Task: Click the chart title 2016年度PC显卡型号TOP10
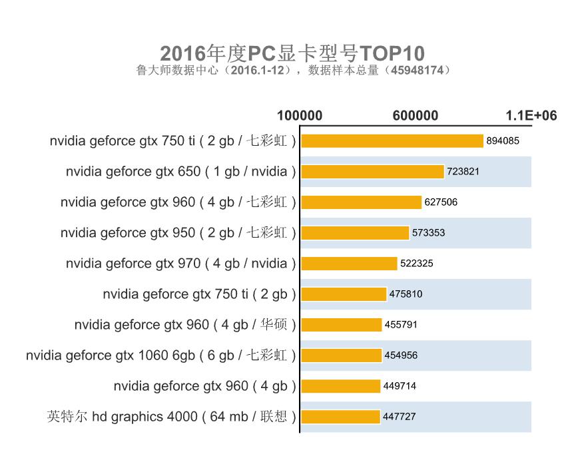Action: click(x=292, y=53)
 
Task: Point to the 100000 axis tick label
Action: click(x=300, y=115)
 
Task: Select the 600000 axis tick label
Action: click(x=416, y=115)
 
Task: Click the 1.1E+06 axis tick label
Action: click(x=531, y=115)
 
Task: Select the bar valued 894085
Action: click(x=392, y=141)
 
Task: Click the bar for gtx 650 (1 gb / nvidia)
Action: click(x=373, y=172)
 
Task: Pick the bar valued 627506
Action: click(x=362, y=202)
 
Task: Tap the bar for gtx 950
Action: click(x=355, y=233)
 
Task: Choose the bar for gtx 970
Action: click(x=349, y=264)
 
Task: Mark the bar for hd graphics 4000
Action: click(x=340, y=417)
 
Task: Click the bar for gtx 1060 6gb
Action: click(x=341, y=355)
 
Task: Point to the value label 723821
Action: click(x=463, y=172)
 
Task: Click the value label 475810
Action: click(x=406, y=294)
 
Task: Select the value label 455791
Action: click(x=402, y=325)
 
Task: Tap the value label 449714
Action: click(x=400, y=386)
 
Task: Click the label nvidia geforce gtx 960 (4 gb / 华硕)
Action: click(x=185, y=325)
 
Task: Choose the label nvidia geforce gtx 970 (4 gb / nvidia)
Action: click(x=180, y=264)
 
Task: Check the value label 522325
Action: click(x=417, y=264)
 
